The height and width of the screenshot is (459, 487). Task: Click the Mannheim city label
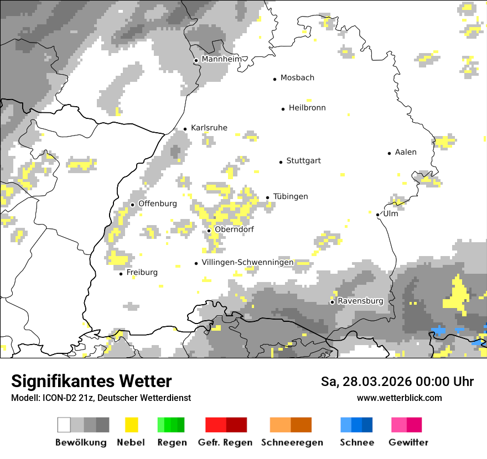point(222,59)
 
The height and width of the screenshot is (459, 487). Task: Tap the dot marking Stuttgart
point(281,161)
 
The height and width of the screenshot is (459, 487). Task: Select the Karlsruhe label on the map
point(209,128)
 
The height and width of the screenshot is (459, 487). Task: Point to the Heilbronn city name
point(307,108)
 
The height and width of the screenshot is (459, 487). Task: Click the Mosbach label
point(297,78)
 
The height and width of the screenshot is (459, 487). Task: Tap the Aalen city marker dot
point(390,153)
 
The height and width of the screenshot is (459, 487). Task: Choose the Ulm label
point(390,213)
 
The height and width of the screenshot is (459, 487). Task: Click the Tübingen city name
point(291,196)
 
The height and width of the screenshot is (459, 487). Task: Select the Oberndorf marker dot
point(209,231)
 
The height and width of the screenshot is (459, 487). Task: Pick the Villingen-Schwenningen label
point(247,262)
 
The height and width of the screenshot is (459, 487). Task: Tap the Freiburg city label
point(142,273)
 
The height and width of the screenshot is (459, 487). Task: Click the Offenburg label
point(157,204)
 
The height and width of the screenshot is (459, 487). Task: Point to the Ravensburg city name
point(360,301)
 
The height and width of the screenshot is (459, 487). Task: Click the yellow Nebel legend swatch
point(131,425)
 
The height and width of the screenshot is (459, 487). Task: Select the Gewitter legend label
point(408,442)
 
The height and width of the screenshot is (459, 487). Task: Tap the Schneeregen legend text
point(292,442)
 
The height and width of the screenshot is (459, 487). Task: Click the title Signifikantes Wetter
point(91,381)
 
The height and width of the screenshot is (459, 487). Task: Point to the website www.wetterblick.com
point(400,398)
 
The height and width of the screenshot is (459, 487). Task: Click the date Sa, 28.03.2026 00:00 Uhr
point(397,382)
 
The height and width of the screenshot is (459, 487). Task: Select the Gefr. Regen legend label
point(225,442)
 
